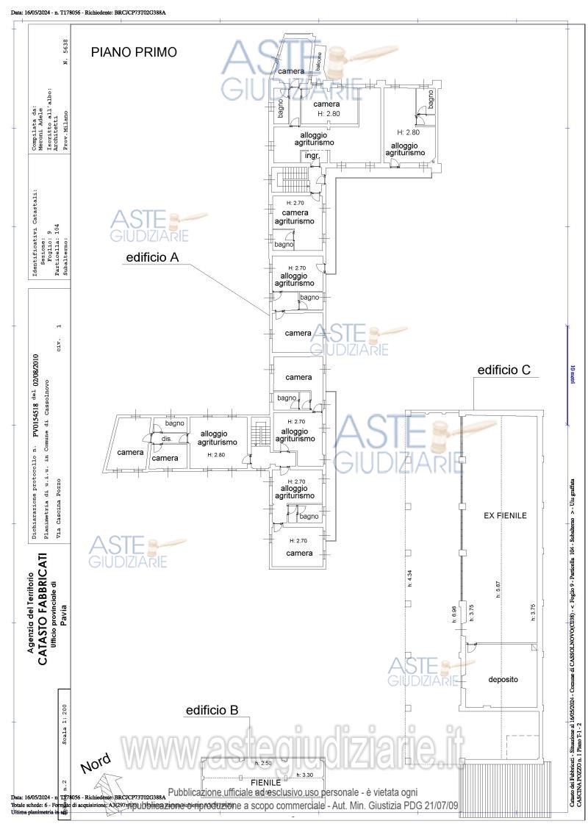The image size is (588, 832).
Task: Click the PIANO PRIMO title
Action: tap(134, 52)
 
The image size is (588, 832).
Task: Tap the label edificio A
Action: tap(153, 257)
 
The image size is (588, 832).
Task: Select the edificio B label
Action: tap(212, 710)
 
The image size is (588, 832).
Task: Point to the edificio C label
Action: tap(503, 370)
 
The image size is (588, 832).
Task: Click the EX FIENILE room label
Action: tap(505, 516)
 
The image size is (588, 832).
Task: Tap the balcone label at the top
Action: tap(318, 63)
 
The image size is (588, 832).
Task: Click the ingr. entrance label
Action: tap(312, 156)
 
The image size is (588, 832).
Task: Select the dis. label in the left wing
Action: tap(166, 439)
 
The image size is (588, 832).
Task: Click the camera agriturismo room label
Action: tap(295, 217)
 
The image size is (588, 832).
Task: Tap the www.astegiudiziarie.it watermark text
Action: tap(294, 747)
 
